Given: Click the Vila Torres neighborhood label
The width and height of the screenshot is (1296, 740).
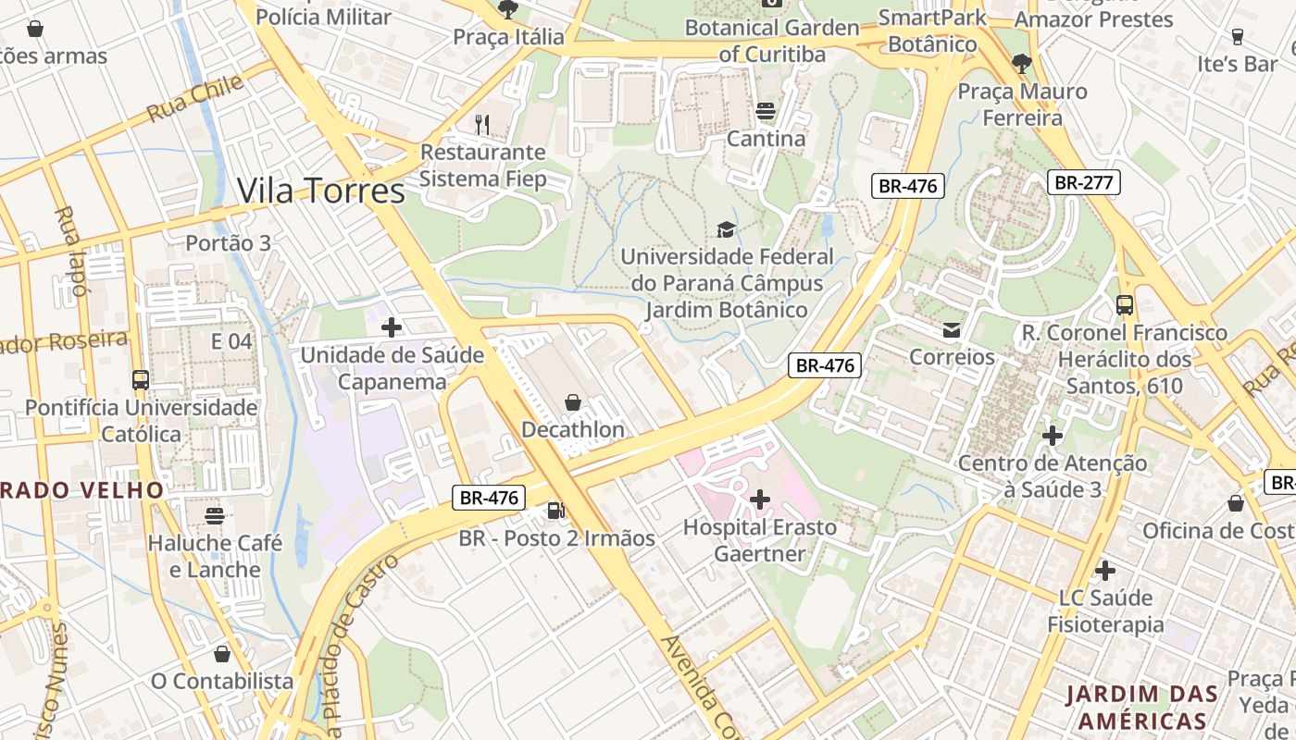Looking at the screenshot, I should tap(321, 191).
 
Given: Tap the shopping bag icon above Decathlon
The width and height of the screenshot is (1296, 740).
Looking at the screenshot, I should tap(573, 402).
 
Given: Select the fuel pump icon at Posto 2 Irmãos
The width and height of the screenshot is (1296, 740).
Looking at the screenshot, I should tap(555, 510).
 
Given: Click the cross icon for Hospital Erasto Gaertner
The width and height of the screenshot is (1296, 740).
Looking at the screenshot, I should tap(760, 500).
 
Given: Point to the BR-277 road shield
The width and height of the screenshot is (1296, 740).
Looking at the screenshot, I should tap(1084, 182).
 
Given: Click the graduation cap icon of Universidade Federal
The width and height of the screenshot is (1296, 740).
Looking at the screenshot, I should tap(726, 229).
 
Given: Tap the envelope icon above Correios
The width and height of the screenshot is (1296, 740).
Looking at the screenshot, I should tap(951, 330).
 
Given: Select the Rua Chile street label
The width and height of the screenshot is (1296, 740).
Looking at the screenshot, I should tap(195, 98).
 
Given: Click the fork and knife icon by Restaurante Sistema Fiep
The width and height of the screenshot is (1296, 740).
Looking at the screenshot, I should tap(481, 124).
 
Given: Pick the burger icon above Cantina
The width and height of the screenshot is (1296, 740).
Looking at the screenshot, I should tap(765, 112).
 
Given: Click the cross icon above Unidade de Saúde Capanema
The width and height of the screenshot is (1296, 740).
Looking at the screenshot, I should tap(392, 327).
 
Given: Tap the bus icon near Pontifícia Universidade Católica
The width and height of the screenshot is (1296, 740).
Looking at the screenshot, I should tap(141, 380).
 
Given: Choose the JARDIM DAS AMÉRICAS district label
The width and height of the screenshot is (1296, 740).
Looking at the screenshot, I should tap(1137, 708).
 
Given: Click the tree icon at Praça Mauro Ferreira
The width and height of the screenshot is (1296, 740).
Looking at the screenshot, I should tap(1022, 64).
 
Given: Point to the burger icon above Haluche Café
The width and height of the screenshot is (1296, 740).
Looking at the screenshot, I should tap(215, 515).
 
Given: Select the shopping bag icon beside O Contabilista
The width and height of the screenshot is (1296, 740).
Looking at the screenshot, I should tap(222, 655).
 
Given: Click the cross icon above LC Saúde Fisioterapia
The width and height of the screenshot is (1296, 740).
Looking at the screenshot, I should tap(1104, 570).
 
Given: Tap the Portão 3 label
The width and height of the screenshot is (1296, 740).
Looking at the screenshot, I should tap(229, 243).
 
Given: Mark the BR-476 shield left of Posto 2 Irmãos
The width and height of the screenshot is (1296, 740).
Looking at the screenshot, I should tap(489, 498).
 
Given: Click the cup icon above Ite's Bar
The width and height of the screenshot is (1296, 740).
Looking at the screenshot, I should tap(1237, 37).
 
